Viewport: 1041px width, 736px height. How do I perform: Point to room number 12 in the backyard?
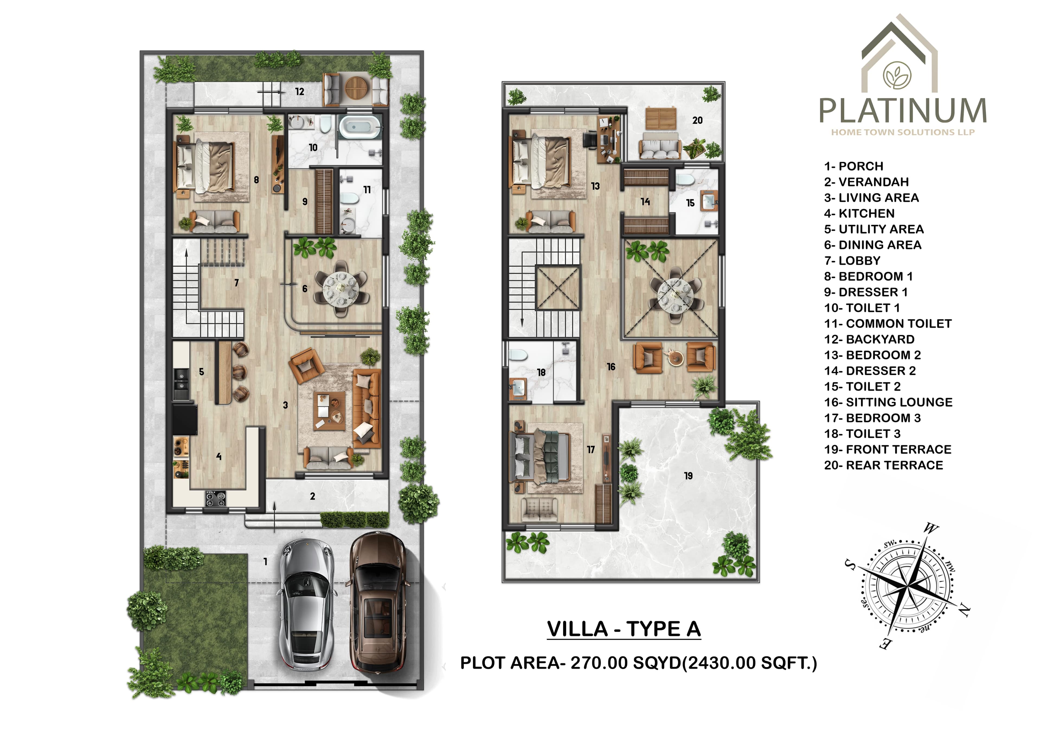point(300,92)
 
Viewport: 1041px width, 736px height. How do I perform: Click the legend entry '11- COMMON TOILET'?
point(888,324)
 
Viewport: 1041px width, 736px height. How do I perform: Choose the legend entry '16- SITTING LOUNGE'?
point(888,402)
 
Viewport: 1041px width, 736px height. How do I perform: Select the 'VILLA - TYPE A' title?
point(624,629)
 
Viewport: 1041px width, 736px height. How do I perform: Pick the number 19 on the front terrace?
point(688,475)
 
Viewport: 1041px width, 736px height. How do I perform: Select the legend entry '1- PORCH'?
point(854,166)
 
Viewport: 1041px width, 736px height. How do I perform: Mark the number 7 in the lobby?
point(236,283)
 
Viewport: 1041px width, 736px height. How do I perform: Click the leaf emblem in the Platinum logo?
point(897,75)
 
